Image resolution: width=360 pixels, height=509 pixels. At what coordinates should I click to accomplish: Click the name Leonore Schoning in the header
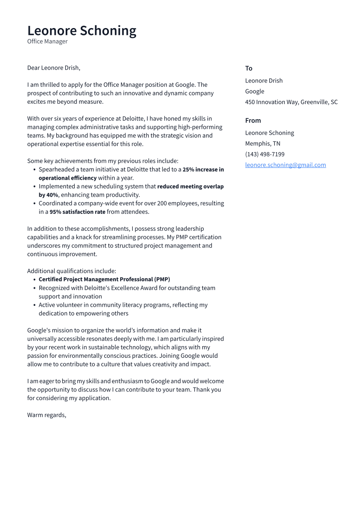82,31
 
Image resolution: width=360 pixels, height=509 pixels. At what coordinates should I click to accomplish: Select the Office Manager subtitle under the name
48,41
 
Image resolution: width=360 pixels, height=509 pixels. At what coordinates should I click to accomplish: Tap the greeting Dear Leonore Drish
54,68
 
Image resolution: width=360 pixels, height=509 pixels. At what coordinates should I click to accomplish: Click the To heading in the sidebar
248,68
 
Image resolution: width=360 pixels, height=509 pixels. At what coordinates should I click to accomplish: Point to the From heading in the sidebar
253,121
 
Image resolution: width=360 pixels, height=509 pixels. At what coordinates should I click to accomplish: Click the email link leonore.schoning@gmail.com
285,165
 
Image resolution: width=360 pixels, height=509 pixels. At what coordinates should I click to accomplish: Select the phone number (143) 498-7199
264,154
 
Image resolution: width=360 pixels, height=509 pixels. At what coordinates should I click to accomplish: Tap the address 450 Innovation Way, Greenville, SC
291,102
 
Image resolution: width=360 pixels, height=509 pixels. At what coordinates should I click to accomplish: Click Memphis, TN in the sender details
262,143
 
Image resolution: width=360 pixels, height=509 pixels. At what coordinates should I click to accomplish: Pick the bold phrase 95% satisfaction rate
77,212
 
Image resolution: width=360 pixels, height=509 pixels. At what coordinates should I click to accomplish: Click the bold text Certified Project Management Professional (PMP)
104,280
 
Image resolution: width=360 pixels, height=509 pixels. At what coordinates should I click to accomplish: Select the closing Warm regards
47,415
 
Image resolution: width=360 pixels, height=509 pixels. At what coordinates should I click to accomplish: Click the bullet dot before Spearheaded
34,170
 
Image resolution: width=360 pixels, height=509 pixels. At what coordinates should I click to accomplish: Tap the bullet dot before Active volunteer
34,305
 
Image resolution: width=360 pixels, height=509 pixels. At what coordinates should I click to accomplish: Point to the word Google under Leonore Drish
255,91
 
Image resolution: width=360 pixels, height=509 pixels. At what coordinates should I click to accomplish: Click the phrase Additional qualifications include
71,271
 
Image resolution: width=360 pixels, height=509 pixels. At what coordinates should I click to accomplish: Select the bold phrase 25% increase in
203,169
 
